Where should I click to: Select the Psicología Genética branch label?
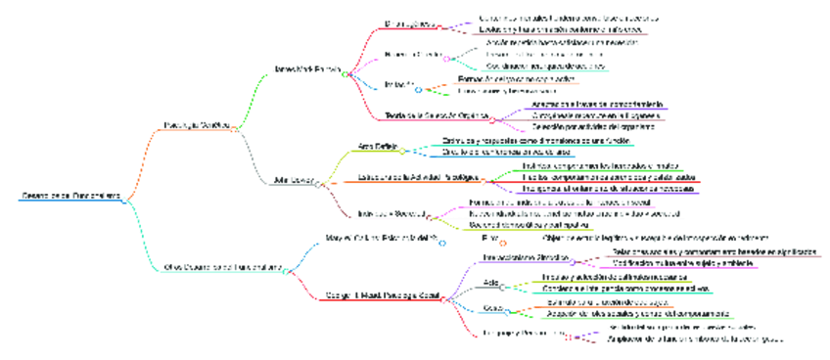click(x=196, y=125)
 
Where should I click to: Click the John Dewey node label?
click(x=295, y=179)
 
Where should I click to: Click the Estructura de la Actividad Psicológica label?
click(x=418, y=177)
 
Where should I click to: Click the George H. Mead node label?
click(x=378, y=294)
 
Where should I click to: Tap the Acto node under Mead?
click(x=490, y=284)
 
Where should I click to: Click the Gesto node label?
click(x=492, y=309)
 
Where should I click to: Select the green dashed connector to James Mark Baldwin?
click(x=253, y=98)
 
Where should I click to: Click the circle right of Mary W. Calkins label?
click(x=442, y=243)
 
